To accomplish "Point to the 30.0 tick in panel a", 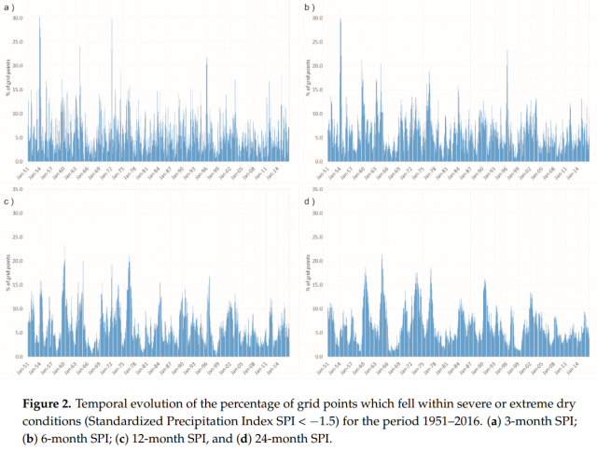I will click(x=18, y=19).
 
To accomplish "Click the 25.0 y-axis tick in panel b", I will click(x=318, y=42).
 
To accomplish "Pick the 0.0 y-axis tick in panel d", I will click(x=318, y=357).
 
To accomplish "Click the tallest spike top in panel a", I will click(x=39, y=17).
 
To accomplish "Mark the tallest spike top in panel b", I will click(x=340, y=19).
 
